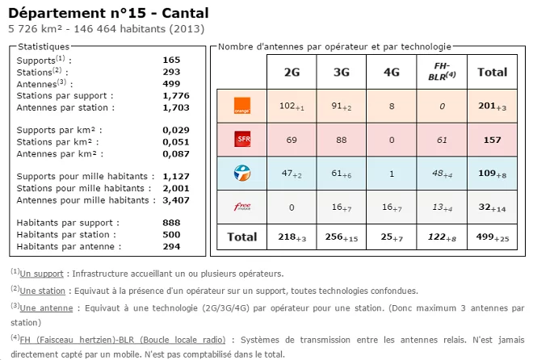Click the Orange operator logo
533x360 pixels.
pos(241,106)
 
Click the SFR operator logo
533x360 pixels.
pos(241,140)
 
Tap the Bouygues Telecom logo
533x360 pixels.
pos(241,173)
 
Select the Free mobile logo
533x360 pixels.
pos(241,207)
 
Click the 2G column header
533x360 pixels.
pos(292,72)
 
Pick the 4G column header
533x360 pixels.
pos(392,72)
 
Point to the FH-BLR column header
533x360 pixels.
pos(442,71)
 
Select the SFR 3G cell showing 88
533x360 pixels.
pos(341,140)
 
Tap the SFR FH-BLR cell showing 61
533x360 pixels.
pos(442,140)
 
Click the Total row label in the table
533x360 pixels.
pos(241,237)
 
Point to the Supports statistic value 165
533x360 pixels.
pos(171,60)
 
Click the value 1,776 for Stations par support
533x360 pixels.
pos(175,95)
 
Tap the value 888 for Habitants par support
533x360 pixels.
pos(171,223)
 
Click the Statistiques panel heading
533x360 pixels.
pos(44,47)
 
